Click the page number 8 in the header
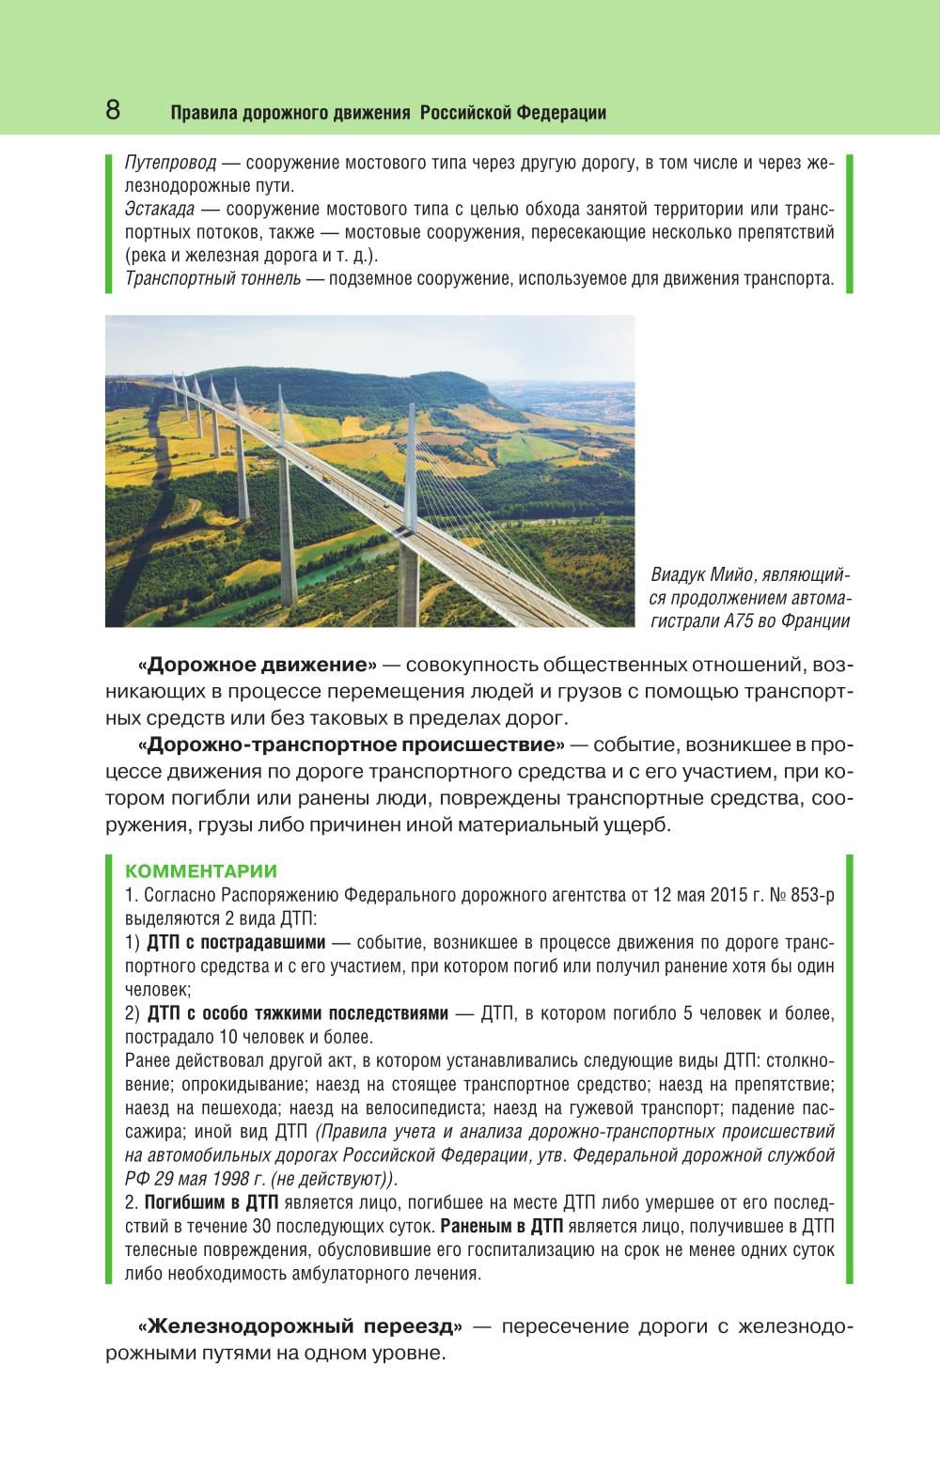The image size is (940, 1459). click(x=113, y=110)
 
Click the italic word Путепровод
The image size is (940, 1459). click(x=170, y=163)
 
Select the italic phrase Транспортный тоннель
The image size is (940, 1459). click(x=212, y=278)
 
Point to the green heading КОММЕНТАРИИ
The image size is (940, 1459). click(x=200, y=871)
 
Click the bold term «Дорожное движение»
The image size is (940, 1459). click(x=257, y=666)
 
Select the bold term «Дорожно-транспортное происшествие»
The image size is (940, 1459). click(x=351, y=745)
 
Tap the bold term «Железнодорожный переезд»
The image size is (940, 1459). click(x=300, y=1326)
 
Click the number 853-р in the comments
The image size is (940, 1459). click(x=813, y=895)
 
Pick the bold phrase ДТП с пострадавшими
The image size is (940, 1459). click(x=236, y=942)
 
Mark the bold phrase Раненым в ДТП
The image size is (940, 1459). click(x=501, y=1226)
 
